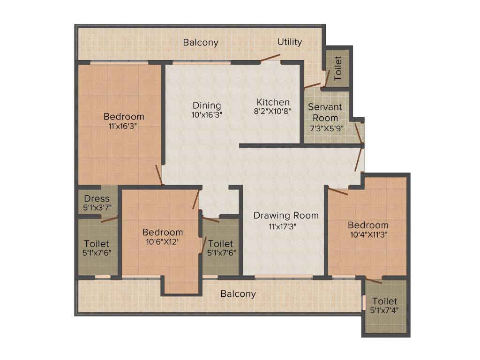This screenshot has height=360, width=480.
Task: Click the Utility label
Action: [290, 42]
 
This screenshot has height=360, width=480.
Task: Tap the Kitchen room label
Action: [273, 102]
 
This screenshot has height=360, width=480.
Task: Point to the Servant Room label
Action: [325, 112]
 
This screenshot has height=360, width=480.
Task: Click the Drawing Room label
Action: [286, 216]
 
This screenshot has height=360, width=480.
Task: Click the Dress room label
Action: [97, 199]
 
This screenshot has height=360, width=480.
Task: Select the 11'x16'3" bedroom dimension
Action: [124, 126]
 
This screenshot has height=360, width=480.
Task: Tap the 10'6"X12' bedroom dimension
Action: [163, 241]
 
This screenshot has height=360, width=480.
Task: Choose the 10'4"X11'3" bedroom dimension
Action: [368, 234]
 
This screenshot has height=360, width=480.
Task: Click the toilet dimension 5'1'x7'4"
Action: [384, 310]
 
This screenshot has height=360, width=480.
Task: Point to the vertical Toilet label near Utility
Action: [338, 67]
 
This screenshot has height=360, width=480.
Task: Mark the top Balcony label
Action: [201, 42]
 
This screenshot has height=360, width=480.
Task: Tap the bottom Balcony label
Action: [238, 294]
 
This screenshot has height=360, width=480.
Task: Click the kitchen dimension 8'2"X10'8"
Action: [273, 112]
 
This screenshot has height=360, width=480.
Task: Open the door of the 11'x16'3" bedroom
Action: [159, 175]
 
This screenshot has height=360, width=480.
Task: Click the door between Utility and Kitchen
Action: [270, 58]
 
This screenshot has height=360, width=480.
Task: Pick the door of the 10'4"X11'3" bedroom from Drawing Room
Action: [338, 191]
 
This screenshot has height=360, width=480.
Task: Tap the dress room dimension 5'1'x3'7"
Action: [97, 207]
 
